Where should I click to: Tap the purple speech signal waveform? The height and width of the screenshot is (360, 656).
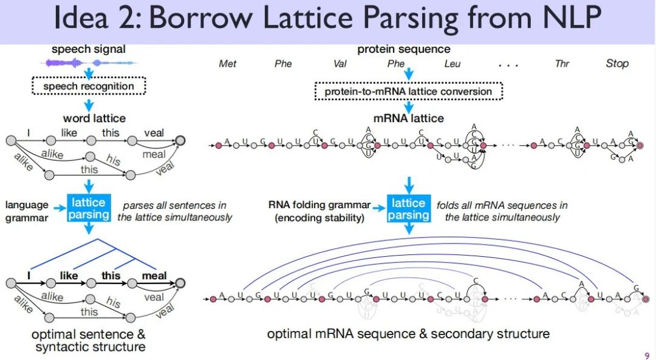point(88,62)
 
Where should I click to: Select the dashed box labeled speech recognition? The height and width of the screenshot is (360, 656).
point(89,86)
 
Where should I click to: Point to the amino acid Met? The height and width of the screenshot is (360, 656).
point(227,64)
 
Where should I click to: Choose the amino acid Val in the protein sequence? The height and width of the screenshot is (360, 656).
point(340,64)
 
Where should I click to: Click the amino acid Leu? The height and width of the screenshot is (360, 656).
point(452,64)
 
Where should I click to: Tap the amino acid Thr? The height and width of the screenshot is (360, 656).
point(562,64)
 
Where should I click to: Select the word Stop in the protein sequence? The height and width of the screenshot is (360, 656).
point(617,64)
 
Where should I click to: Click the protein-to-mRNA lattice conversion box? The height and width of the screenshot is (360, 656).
point(408,92)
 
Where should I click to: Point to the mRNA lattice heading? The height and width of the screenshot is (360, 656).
point(410,118)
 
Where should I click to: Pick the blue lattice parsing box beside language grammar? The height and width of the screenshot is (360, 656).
point(89,208)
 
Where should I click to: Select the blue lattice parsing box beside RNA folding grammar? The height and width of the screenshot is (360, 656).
point(408,208)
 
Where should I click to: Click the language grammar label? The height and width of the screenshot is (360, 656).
point(27,211)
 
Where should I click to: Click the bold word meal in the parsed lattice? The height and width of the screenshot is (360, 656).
point(154,276)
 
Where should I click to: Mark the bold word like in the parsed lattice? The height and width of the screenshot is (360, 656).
point(69,276)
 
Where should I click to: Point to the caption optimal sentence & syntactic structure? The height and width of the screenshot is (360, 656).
point(90,341)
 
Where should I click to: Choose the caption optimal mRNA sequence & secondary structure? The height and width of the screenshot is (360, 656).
point(408,334)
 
